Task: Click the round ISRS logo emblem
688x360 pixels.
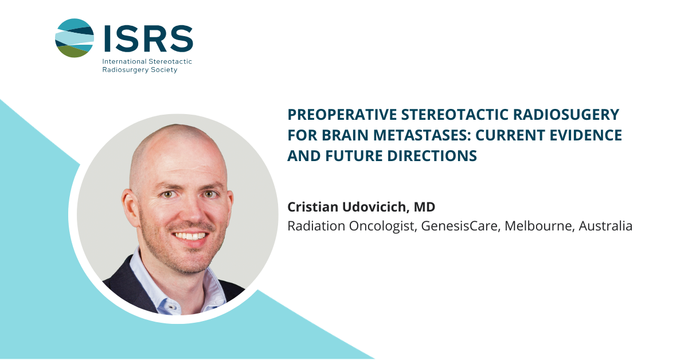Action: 75,38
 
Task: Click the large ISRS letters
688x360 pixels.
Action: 148,39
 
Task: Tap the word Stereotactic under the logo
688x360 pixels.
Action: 170,61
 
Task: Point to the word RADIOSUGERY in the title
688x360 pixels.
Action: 566,115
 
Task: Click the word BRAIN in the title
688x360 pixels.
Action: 345,135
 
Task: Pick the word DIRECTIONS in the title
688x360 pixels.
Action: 432,156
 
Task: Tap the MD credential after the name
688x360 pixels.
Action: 424,207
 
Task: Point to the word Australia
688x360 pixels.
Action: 605,226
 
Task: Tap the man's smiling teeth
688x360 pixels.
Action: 190,236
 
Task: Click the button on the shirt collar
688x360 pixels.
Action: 171,307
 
